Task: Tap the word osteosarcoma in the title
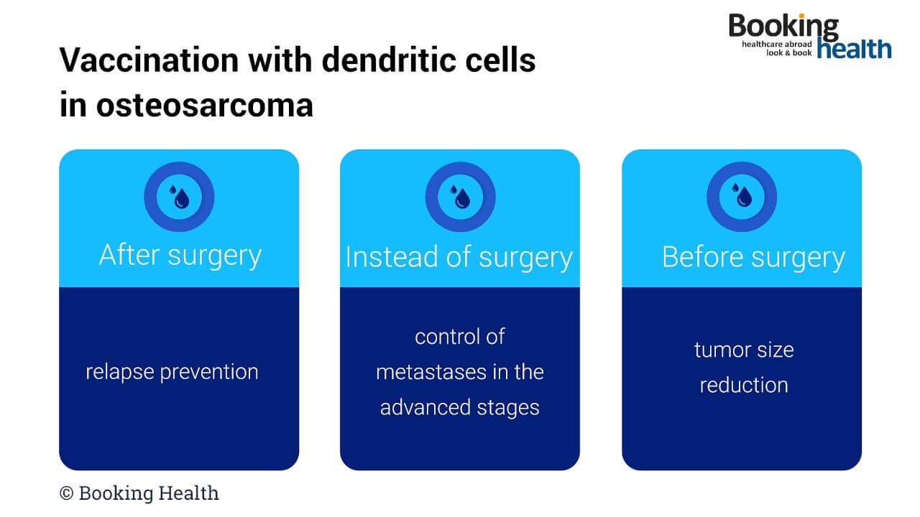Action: [205, 106]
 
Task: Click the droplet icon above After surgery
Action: [179, 196]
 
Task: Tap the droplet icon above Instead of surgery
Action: [460, 196]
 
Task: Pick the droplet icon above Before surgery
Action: [742, 196]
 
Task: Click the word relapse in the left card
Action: [119, 372]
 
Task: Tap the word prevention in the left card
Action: [208, 372]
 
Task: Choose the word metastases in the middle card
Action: [424, 372]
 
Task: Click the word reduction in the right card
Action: [744, 385]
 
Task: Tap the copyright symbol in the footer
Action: [67, 493]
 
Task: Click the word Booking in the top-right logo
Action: [783, 27]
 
